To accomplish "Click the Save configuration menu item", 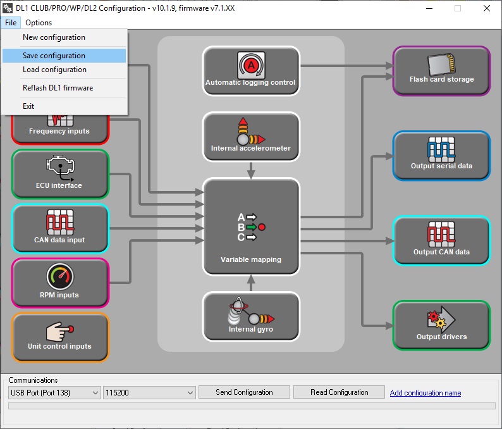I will click(x=54, y=56).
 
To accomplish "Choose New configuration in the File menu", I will click(x=54, y=37).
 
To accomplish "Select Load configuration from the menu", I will click(x=54, y=70).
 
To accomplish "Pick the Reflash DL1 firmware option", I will click(x=58, y=88).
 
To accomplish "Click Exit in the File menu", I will click(x=28, y=106).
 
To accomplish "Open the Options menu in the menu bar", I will click(x=39, y=23).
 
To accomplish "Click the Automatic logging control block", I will click(x=250, y=71).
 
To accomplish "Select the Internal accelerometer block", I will click(x=250, y=136).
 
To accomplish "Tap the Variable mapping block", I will click(x=250, y=227).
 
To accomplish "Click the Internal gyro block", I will click(x=250, y=316).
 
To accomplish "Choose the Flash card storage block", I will click(x=441, y=70).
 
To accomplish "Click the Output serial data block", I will click(x=441, y=155).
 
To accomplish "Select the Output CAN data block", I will click(x=441, y=240).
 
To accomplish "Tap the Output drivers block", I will click(x=441, y=325).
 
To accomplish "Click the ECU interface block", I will click(x=59, y=173).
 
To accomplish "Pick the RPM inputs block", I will click(x=59, y=282).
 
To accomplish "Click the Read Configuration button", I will click(x=339, y=392).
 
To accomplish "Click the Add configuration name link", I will click(x=425, y=393).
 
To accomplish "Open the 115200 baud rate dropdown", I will click(x=149, y=393).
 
